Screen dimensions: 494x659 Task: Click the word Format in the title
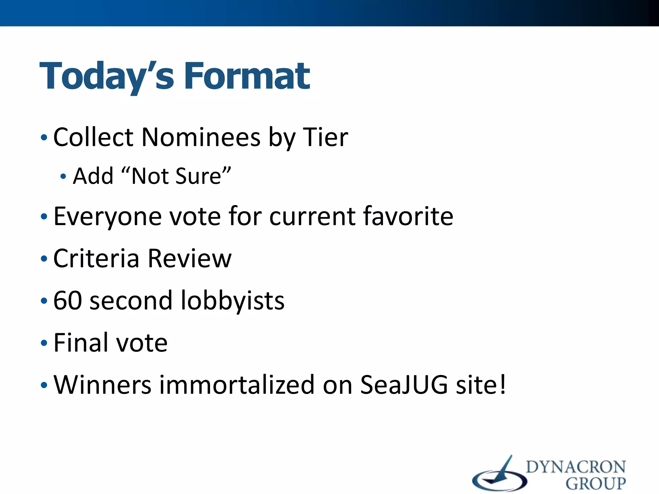[247, 76]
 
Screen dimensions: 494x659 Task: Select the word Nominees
[201, 137]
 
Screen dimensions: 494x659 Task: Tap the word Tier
[325, 137]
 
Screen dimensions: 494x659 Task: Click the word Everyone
[107, 216]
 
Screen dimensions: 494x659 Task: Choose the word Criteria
[96, 258]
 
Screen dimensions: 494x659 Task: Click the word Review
[190, 258]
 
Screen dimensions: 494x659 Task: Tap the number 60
[68, 300]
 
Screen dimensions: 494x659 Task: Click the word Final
[80, 343]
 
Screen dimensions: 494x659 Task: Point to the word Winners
[102, 385]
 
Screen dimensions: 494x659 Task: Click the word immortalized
[237, 385]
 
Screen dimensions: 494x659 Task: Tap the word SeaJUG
[404, 385]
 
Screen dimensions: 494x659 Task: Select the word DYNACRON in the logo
[576, 467]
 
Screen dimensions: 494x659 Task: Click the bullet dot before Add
[63, 177]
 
